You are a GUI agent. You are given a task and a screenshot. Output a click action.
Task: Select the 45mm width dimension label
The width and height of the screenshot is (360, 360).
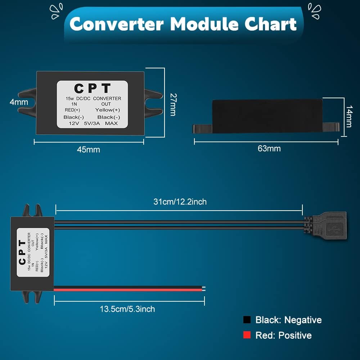pyautogui.click(x=89, y=149)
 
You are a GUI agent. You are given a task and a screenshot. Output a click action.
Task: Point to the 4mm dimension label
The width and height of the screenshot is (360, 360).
pyautogui.click(x=19, y=102)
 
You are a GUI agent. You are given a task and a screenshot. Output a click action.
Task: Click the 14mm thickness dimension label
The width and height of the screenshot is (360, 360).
pyautogui.click(x=348, y=116)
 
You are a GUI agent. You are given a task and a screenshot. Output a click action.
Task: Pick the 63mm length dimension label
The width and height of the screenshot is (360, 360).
pyautogui.click(x=269, y=148)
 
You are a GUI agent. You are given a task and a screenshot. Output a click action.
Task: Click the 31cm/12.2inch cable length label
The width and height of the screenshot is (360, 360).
pyautogui.click(x=180, y=202)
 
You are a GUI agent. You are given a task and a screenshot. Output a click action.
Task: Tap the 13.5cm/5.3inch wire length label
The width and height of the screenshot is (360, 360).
pyautogui.click(x=127, y=309)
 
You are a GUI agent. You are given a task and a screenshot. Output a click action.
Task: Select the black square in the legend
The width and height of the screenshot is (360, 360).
pyautogui.click(x=247, y=320)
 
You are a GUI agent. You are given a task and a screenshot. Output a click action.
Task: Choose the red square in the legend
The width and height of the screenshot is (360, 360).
pyautogui.click(x=247, y=335)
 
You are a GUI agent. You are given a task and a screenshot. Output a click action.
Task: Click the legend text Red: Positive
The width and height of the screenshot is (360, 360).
pyautogui.click(x=283, y=336)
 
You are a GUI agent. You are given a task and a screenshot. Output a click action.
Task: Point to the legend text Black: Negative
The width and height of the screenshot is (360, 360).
pyautogui.click(x=288, y=320)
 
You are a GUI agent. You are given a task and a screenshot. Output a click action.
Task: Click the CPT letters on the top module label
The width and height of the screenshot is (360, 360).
pyautogui.click(x=92, y=88)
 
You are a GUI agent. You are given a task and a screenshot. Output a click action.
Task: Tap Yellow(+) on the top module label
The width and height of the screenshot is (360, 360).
pyautogui.click(x=108, y=110)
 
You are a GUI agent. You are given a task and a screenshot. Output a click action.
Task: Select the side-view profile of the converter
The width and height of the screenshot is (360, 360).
pyautogui.click(x=266, y=115)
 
